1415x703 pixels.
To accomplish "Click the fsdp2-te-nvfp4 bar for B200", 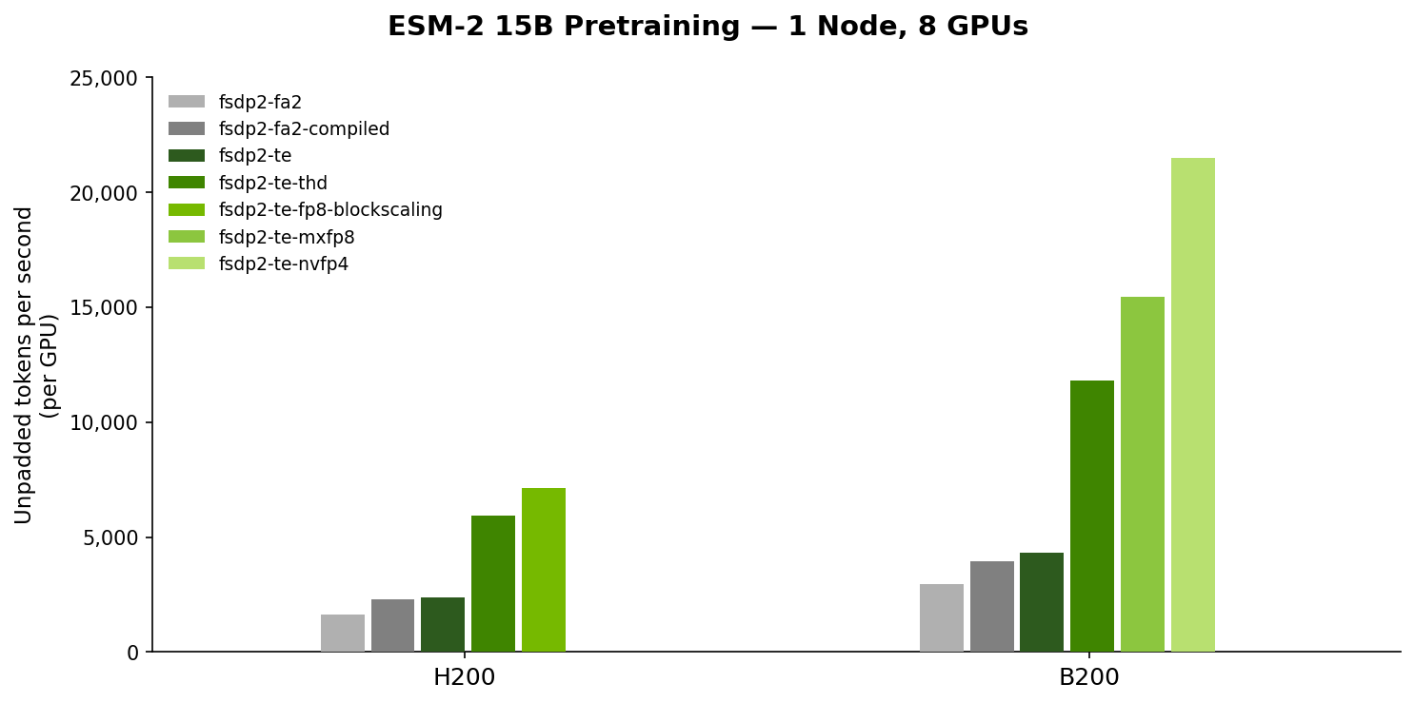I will pyautogui.click(x=1192, y=404).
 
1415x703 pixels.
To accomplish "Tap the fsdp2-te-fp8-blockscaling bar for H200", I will pyautogui.click(x=543, y=570).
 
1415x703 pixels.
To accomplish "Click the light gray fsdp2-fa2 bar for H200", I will pyautogui.click(x=342, y=633).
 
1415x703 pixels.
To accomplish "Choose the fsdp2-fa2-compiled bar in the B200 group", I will pyautogui.click(x=991, y=606).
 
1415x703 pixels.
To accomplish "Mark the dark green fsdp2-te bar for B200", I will pyautogui.click(x=1041, y=602).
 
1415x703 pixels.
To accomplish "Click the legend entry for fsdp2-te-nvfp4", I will pyautogui.click(x=283, y=264).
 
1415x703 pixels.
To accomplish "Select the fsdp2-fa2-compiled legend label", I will pyautogui.click(x=304, y=129).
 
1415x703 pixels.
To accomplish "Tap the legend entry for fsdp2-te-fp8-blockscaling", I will pyautogui.click(x=330, y=210).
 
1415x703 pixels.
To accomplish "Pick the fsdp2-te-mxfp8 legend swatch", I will pyautogui.click(x=187, y=237).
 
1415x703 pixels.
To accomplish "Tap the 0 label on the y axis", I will pyautogui.click(x=132, y=654).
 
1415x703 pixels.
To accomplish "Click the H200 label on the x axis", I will pyautogui.click(x=464, y=678).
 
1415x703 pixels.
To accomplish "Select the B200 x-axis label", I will pyautogui.click(x=1088, y=678).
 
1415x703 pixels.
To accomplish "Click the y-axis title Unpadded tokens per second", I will pyautogui.click(x=25, y=364).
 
